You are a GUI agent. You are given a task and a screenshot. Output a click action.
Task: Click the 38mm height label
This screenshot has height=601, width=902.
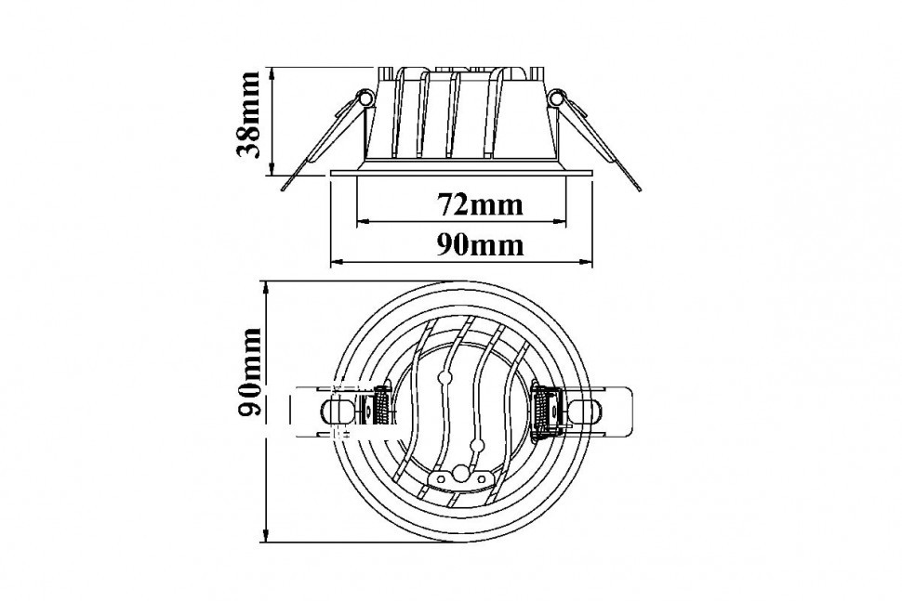tap(248, 114)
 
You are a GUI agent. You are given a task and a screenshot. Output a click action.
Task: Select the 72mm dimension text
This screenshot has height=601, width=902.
tap(481, 204)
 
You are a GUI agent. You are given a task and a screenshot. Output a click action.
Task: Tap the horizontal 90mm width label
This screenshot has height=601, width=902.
tap(481, 245)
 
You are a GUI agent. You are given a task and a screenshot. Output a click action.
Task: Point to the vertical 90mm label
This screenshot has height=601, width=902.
tap(248, 372)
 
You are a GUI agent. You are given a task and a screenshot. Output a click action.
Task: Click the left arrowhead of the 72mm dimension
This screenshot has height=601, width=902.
tap(364, 221)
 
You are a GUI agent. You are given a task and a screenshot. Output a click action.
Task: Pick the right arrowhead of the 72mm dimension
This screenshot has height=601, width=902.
tap(561, 221)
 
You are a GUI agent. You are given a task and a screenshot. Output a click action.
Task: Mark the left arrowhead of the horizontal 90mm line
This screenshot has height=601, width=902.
tap(338, 263)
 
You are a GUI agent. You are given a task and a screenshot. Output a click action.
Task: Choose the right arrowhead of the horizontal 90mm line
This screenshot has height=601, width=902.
tap(586, 263)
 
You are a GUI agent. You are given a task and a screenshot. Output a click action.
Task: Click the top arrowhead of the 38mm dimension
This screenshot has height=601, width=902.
tap(272, 74)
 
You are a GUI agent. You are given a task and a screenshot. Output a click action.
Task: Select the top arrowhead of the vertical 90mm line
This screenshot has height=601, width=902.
tap(266, 288)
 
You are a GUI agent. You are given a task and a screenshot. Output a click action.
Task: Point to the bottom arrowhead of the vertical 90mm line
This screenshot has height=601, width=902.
tap(266, 535)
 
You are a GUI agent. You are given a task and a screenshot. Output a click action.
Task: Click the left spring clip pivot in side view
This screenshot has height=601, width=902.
tap(364, 98)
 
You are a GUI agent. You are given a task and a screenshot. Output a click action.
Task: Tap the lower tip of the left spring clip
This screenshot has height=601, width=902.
tap(285, 188)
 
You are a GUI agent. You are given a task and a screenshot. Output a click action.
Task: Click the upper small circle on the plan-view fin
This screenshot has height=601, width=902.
tap(443, 378)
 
